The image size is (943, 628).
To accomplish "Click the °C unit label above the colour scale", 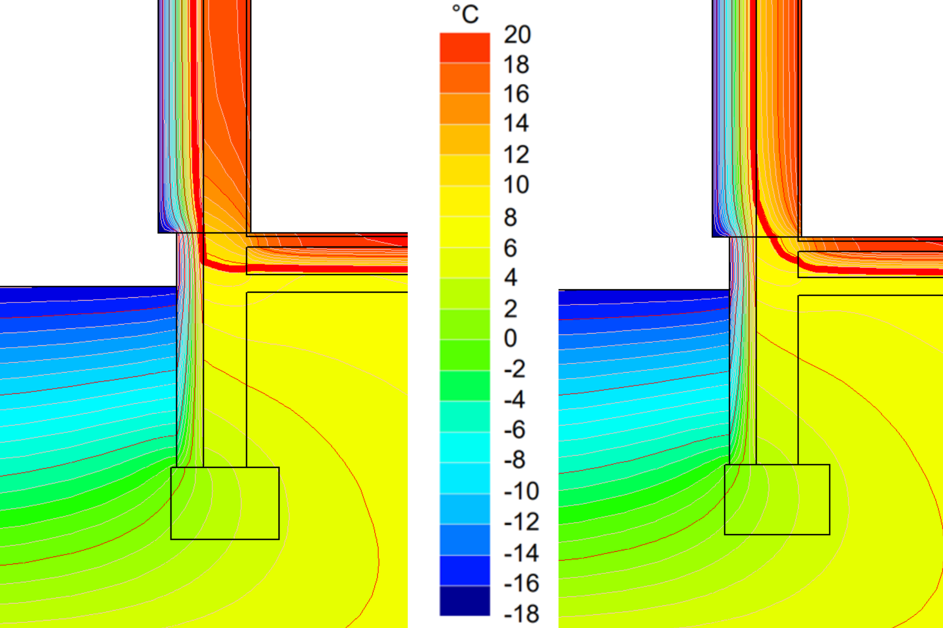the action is pos(465,14).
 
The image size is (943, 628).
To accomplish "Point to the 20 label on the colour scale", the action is pos(517,34).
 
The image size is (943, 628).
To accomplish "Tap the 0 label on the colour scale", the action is pos(510,338).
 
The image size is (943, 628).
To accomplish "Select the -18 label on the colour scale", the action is pos(521,614).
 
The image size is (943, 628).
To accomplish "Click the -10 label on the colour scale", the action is pos(521,491).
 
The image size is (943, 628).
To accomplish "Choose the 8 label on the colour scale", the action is pos(510,217).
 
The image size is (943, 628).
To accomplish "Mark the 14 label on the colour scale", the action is pos(516,123).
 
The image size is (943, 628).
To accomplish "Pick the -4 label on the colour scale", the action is pos(514,400).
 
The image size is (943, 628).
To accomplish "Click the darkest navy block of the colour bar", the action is pos(465,601).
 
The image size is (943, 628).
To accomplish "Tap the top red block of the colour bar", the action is pos(465,48).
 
